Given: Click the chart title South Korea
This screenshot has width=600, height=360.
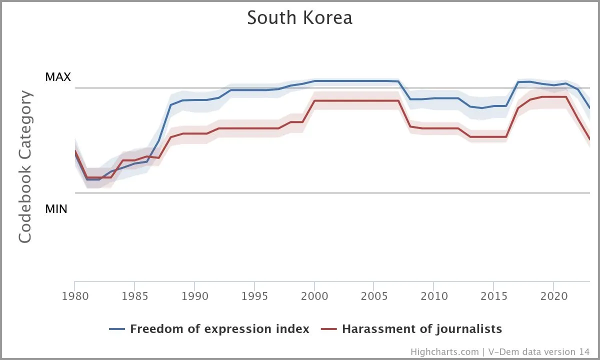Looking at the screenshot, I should click(x=299, y=18).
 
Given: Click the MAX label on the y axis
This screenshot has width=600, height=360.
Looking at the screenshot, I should click(x=58, y=77).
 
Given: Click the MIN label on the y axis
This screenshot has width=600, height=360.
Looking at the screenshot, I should click(x=56, y=209).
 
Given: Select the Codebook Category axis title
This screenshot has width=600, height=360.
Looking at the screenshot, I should click(x=25, y=167).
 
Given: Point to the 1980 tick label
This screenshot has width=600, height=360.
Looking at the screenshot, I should click(x=75, y=295).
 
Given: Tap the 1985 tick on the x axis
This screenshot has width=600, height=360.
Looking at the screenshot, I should click(x=134, y=295).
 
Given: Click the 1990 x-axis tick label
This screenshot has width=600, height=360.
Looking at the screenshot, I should click(x=194, y=295).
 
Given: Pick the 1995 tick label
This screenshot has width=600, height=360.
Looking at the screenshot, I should click(x=254, y=295).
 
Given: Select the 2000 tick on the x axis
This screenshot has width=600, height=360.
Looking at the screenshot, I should click(x=314, y=295).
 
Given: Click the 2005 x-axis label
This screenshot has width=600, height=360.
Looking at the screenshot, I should click(x=374, y=295).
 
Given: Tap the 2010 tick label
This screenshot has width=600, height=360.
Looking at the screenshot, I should click(x=434, y=295).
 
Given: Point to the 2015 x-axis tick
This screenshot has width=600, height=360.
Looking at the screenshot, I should click(x=494, y=295).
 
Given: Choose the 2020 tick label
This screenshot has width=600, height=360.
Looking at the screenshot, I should click(x=553, y=295).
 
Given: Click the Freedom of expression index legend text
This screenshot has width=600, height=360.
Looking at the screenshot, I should click(x=219, y=329).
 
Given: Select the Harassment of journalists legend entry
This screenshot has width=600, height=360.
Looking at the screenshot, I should click(x=422, y=329).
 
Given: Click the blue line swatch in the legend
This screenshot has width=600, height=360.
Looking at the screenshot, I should click(x=116, y=329).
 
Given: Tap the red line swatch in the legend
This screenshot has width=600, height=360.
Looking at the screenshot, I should click(x=328, y=329).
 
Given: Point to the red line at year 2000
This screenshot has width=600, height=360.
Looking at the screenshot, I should click(x=314, y=100).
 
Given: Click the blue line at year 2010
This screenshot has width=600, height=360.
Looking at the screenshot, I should click(x=434, y=98).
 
